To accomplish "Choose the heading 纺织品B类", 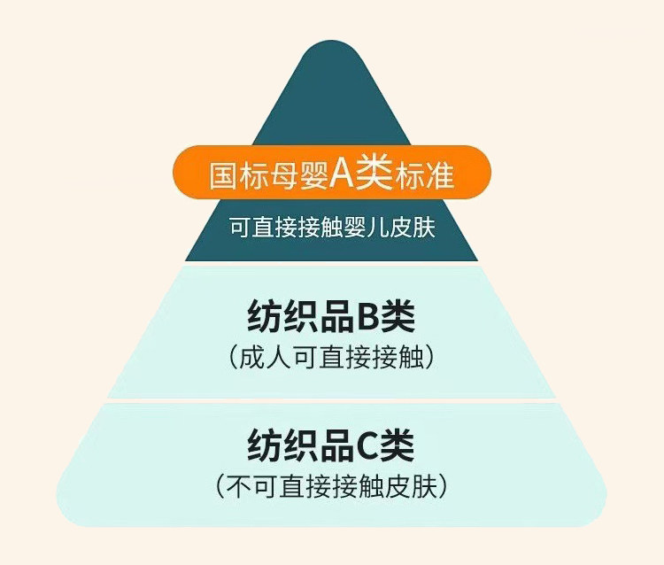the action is [x=331, y=317].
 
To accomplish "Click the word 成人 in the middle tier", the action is [x=266, y=358].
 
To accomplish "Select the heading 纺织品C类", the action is [x=331, y=445].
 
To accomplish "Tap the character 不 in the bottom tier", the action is [x=243, y=485].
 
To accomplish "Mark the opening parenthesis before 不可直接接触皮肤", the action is [x=220, y=485].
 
